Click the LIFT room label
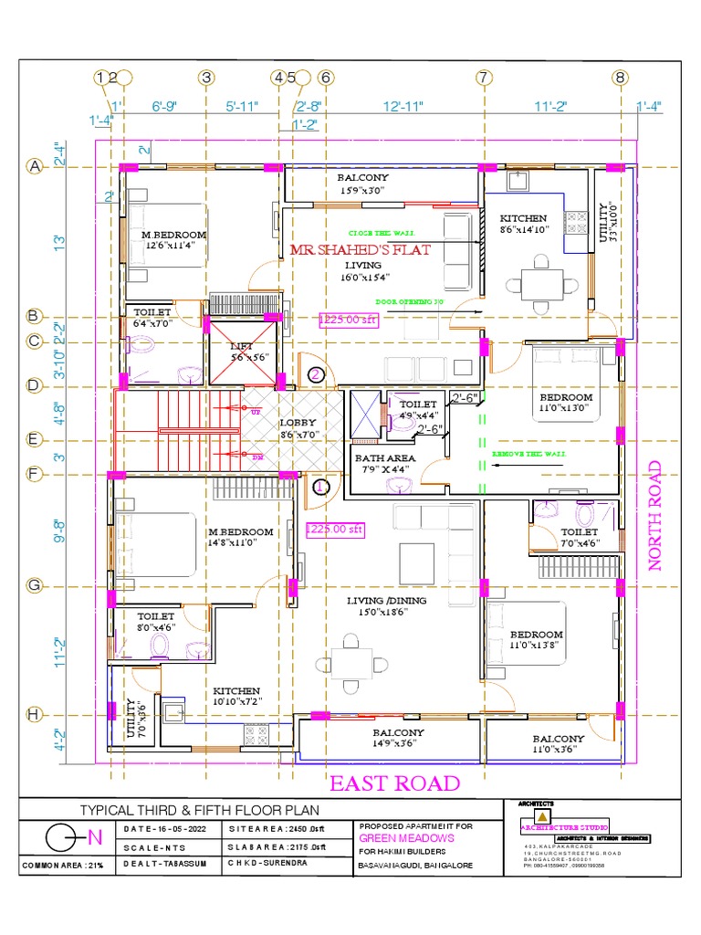click(242, 347)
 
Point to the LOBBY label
click(297, 424)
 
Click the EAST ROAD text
click(394, 783)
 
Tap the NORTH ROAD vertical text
click(654, 516)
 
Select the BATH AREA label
click(384, 457)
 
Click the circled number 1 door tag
click(320, 488)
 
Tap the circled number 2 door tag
click(316, 373)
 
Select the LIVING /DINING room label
click(386, 600)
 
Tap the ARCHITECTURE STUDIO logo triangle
click(542, 815)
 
